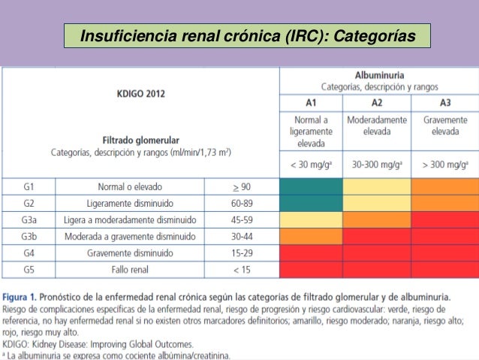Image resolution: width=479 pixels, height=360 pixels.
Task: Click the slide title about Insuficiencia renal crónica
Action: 247,35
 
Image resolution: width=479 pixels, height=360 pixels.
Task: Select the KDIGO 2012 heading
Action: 141,94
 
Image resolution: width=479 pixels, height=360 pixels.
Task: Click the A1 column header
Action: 312,103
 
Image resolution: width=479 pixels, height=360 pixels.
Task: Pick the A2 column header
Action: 377,103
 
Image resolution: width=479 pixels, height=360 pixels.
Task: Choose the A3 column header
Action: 444,103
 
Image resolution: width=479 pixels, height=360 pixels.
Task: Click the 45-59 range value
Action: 242,219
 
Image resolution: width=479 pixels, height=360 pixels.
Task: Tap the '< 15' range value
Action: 242,269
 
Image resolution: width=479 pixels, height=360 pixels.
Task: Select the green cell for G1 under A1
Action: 312,186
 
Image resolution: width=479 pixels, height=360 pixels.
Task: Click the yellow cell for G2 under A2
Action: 377,202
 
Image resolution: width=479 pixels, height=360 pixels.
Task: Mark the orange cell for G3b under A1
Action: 312,236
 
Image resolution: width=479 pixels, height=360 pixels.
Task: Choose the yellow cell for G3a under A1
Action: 312,219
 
